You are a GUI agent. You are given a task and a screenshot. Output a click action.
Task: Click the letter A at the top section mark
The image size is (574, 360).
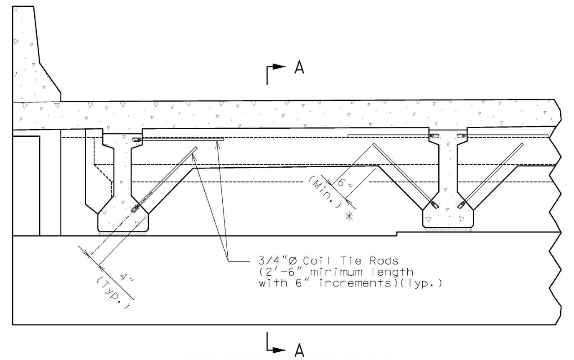click(299, 67)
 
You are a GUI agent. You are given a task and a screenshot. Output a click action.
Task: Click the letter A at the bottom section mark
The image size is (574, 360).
click(299, 350)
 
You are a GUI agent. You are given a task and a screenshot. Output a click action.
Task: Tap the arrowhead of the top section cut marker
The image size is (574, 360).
click(279, 66)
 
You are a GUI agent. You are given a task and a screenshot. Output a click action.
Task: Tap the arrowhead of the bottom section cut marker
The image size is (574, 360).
click(279, 350)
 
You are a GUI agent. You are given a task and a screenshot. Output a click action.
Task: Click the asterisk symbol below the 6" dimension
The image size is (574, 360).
click(349, 217)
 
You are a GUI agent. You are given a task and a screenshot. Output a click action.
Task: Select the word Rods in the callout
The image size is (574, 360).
click(384, 261)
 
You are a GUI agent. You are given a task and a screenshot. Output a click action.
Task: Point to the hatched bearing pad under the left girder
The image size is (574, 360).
click(122, 233)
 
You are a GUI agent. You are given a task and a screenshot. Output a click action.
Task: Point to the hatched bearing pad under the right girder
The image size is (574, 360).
click(448, 230)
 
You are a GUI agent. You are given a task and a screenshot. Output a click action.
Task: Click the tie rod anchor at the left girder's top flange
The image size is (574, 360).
click(137, 139)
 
